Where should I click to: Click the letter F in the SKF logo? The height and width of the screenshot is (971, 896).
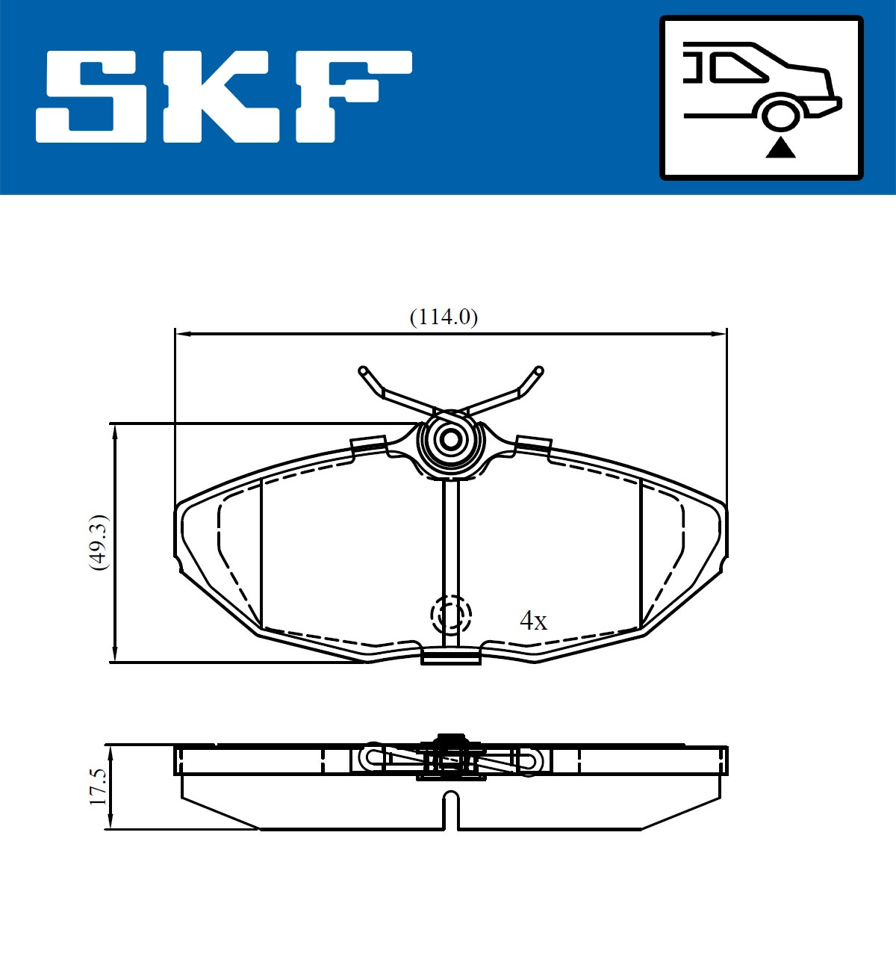[351, 96]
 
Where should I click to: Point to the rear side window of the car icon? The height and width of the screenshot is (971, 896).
[736, 68]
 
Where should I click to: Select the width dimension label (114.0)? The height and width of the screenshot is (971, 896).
[444, 317]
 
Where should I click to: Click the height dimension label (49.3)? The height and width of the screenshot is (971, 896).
[99, 542]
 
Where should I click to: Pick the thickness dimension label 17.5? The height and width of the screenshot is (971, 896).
[99, 787]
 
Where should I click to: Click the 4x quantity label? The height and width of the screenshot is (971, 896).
[533, 621]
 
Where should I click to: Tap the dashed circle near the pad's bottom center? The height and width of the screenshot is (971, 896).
[451, 615]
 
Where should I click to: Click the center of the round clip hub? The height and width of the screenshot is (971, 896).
[450, 439]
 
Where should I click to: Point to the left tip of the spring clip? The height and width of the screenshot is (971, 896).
[364, 370]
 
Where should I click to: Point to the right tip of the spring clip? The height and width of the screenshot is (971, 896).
[538, 370]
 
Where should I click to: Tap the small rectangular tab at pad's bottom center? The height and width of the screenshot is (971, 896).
[450, 657]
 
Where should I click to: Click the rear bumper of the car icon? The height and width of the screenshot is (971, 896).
[830, 105]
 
